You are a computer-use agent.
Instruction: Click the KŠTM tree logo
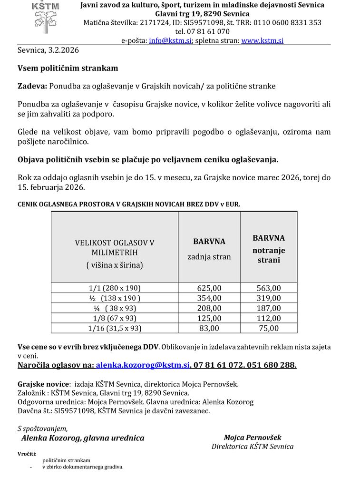point(46,14)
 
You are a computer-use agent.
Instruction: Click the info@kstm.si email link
point(170,41)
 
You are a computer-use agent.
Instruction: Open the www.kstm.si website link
point(262,41)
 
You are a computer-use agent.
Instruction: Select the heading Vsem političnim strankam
point(68,68)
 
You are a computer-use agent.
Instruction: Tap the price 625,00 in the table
point(209,288)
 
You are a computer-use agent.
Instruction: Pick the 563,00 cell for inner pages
point(269,288)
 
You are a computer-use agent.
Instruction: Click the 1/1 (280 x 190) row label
point(115,288)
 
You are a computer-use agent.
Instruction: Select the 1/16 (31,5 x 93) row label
point(115,328)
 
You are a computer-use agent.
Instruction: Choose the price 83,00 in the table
point(209,328)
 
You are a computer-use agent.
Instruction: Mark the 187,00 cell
point(269,308)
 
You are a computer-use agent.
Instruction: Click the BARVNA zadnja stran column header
point(209,249)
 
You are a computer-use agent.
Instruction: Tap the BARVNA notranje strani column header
point(269,249)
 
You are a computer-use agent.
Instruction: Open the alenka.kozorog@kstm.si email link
point(143,365)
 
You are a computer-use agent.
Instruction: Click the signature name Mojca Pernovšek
point(253,438)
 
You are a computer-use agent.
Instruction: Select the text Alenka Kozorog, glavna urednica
point(83,438)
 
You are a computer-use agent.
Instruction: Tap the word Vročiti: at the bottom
point(27,454)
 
